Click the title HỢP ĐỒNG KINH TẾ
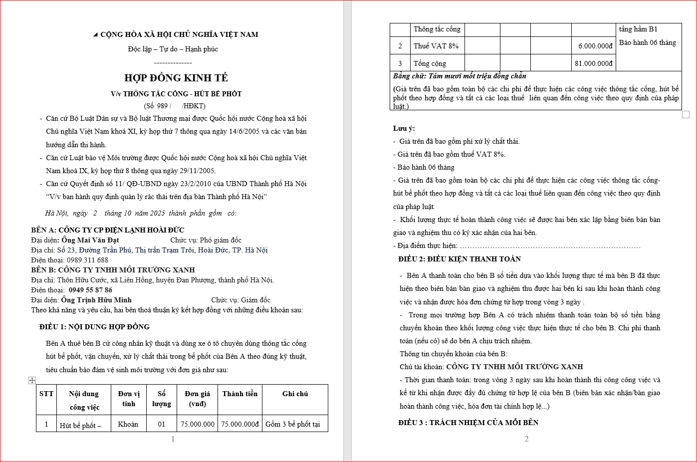[176, 78]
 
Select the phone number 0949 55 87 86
[90, 290]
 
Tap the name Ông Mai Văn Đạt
[90, 240]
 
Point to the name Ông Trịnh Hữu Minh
[96, 300]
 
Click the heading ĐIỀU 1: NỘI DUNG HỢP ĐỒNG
[94, 327]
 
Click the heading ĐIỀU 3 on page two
[468, 423]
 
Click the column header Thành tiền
[240, 394]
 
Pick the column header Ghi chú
[295, 394]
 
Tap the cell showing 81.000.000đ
[593, 63]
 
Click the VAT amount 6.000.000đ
[595, 46]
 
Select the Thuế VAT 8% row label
[436, 46]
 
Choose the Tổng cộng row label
[430, 63]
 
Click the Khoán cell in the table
[128, 424]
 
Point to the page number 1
[173, 439]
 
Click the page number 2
[526, 439]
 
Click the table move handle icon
[32, 380]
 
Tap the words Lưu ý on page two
[404, 128]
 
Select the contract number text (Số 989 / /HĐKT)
[175, 106]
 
